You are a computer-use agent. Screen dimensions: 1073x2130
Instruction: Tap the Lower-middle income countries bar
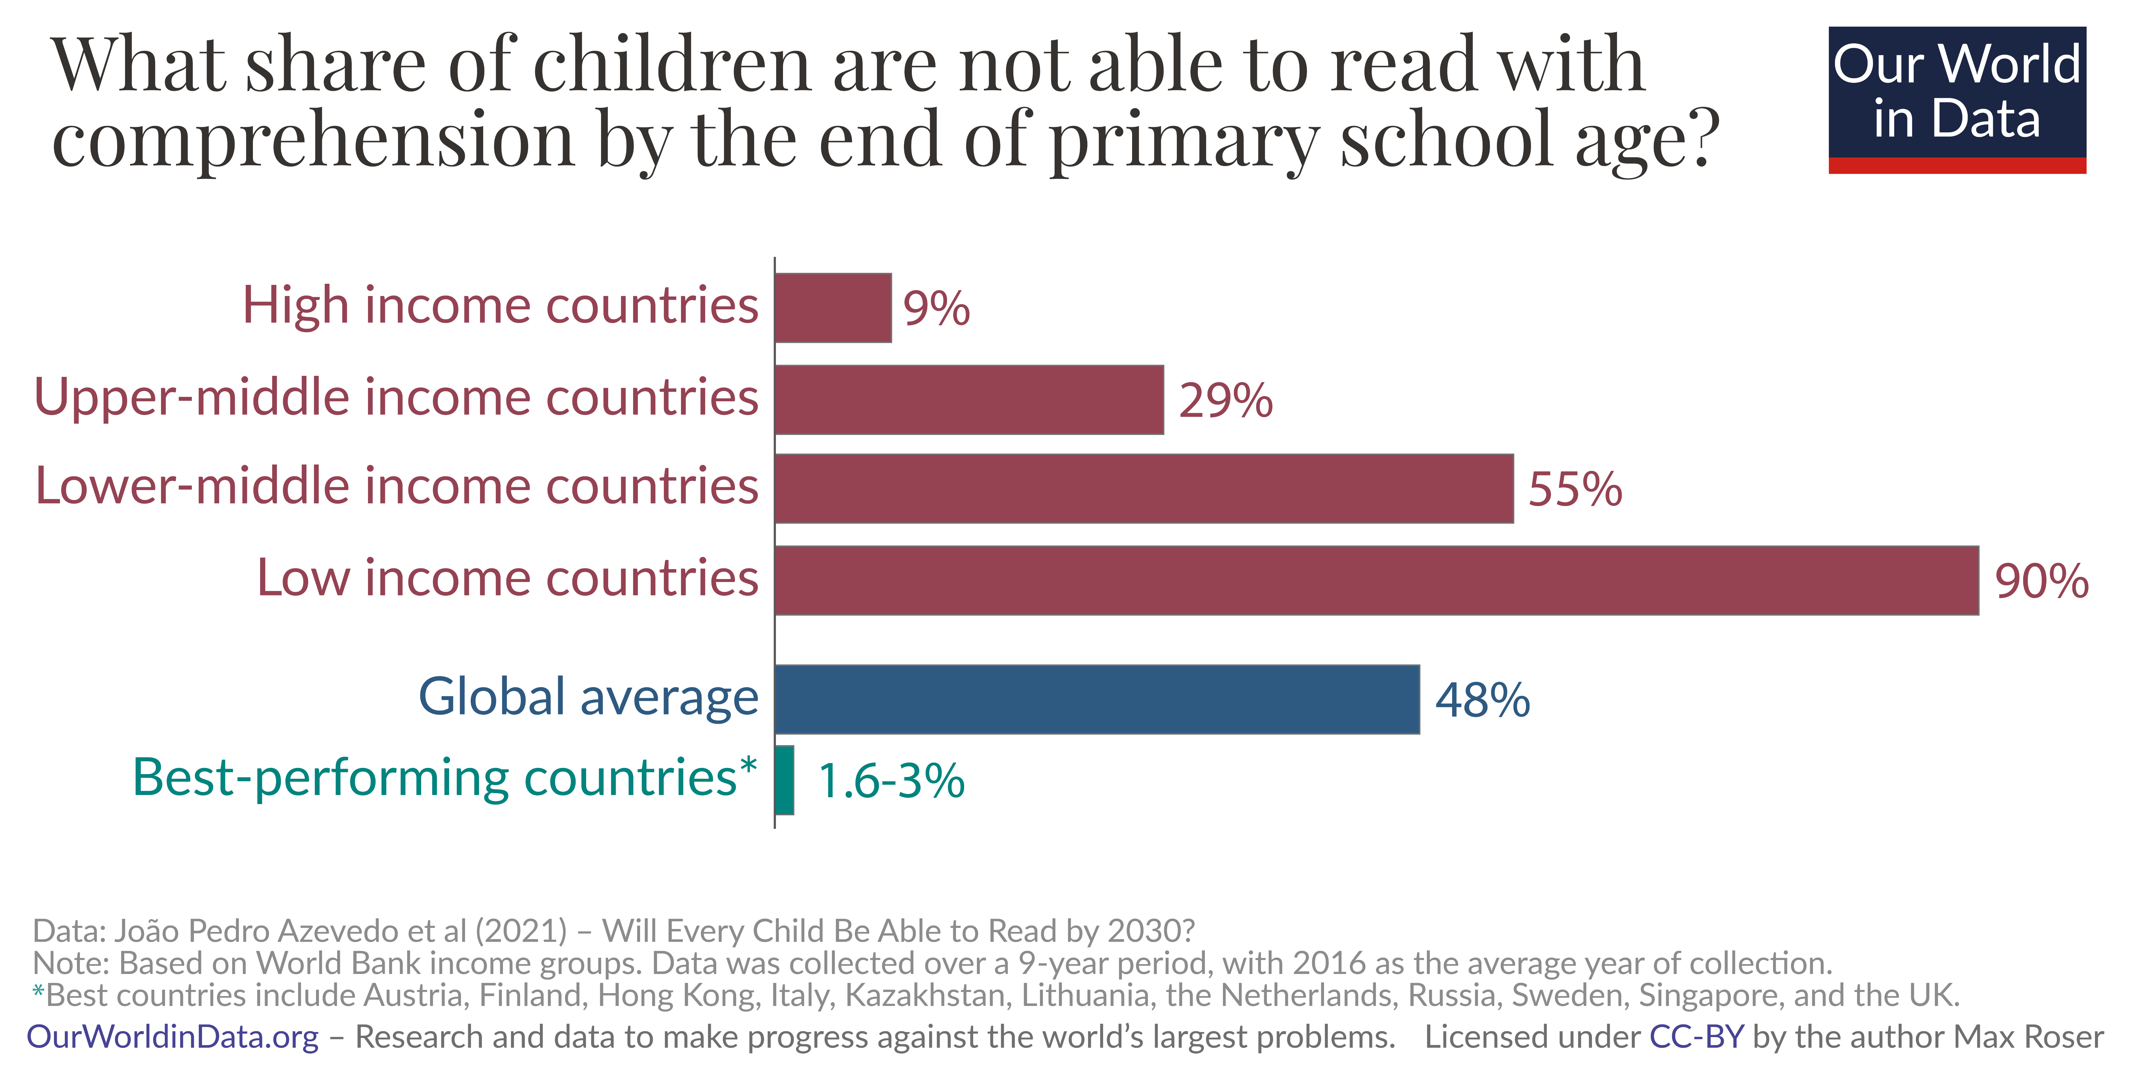[1144, 488]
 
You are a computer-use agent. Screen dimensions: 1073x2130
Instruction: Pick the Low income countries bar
[1377, 580]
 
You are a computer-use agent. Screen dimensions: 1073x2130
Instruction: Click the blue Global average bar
[1097, 699]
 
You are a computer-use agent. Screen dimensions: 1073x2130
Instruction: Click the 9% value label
[936, 309]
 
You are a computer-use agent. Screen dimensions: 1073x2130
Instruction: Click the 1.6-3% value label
[891, 781]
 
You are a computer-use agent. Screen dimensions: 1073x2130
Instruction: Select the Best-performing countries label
[444, 778]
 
